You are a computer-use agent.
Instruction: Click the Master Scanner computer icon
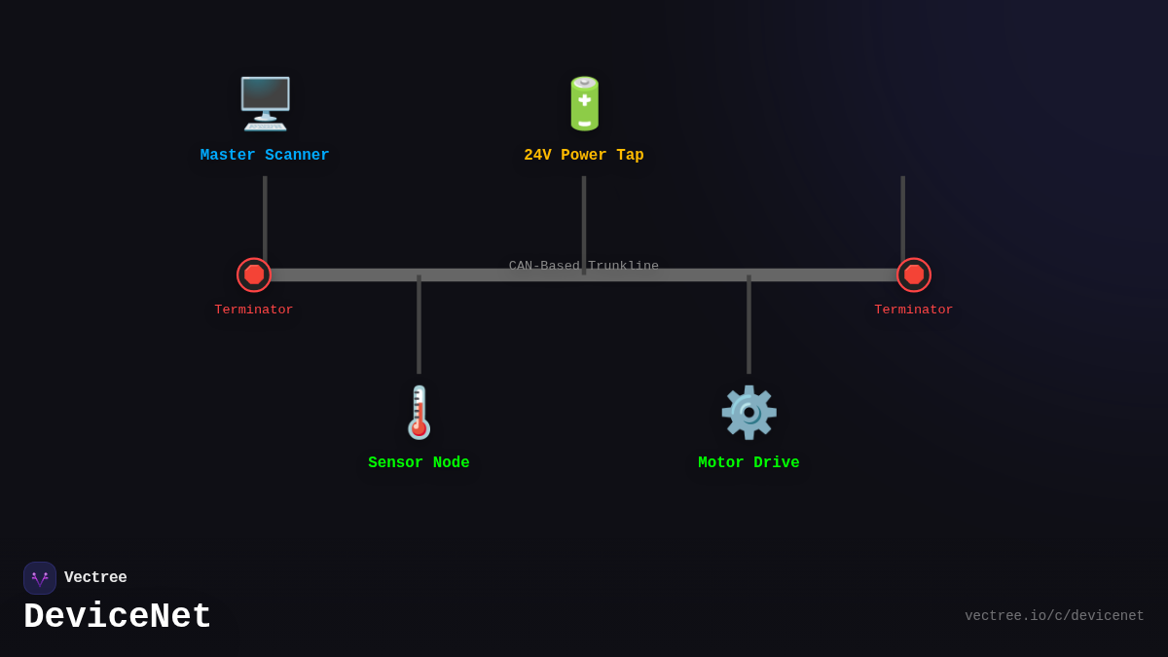click(265, 103)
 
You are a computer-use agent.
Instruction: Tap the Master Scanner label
click(265, 156)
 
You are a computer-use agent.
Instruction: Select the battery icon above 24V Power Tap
click(584, 103)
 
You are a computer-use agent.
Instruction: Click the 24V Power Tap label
click(584, 156)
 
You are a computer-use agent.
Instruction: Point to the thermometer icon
click(419, 412)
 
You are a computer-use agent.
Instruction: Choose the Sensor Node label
click(419, 463)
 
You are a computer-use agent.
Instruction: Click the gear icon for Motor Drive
click(748, 412)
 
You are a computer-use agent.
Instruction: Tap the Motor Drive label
click(748, 463)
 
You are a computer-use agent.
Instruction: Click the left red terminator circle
click(254, 274)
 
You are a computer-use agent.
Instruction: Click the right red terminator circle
click(914, 274)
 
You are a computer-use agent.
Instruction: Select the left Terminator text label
click(254, 310)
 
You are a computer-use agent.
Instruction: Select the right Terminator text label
click(914, 310)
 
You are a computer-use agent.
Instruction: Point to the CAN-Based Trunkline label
click(584, 266)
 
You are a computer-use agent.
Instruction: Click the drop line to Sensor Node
click(419, 326)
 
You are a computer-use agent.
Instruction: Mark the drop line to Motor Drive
click(748, 326)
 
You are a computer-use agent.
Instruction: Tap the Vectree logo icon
click(40, 578)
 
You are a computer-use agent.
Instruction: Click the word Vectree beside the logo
click(95, 578)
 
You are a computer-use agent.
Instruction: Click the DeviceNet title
click(118, 617)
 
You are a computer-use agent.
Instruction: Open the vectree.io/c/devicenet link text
click(1054, 616)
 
